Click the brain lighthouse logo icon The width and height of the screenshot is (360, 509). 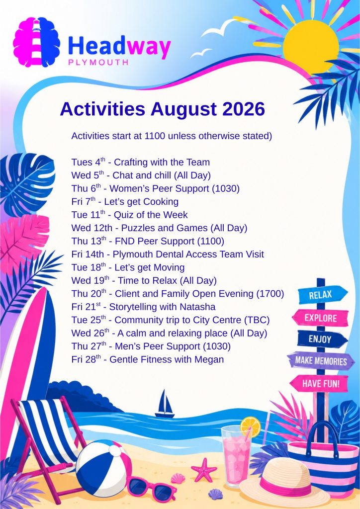coord(37,42)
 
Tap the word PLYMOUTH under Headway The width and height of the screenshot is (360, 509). coord(98,62)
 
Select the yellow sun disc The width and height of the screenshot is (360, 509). coord(311,47)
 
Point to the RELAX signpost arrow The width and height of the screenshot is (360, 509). coord(322,294)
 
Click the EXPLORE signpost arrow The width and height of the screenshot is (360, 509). coord(320,318)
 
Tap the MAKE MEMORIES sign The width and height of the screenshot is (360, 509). coord(321,361)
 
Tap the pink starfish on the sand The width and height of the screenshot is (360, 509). coord(204,470)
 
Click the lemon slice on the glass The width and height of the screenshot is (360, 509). coord(250,427)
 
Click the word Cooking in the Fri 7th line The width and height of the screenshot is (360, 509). coord(161,202)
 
